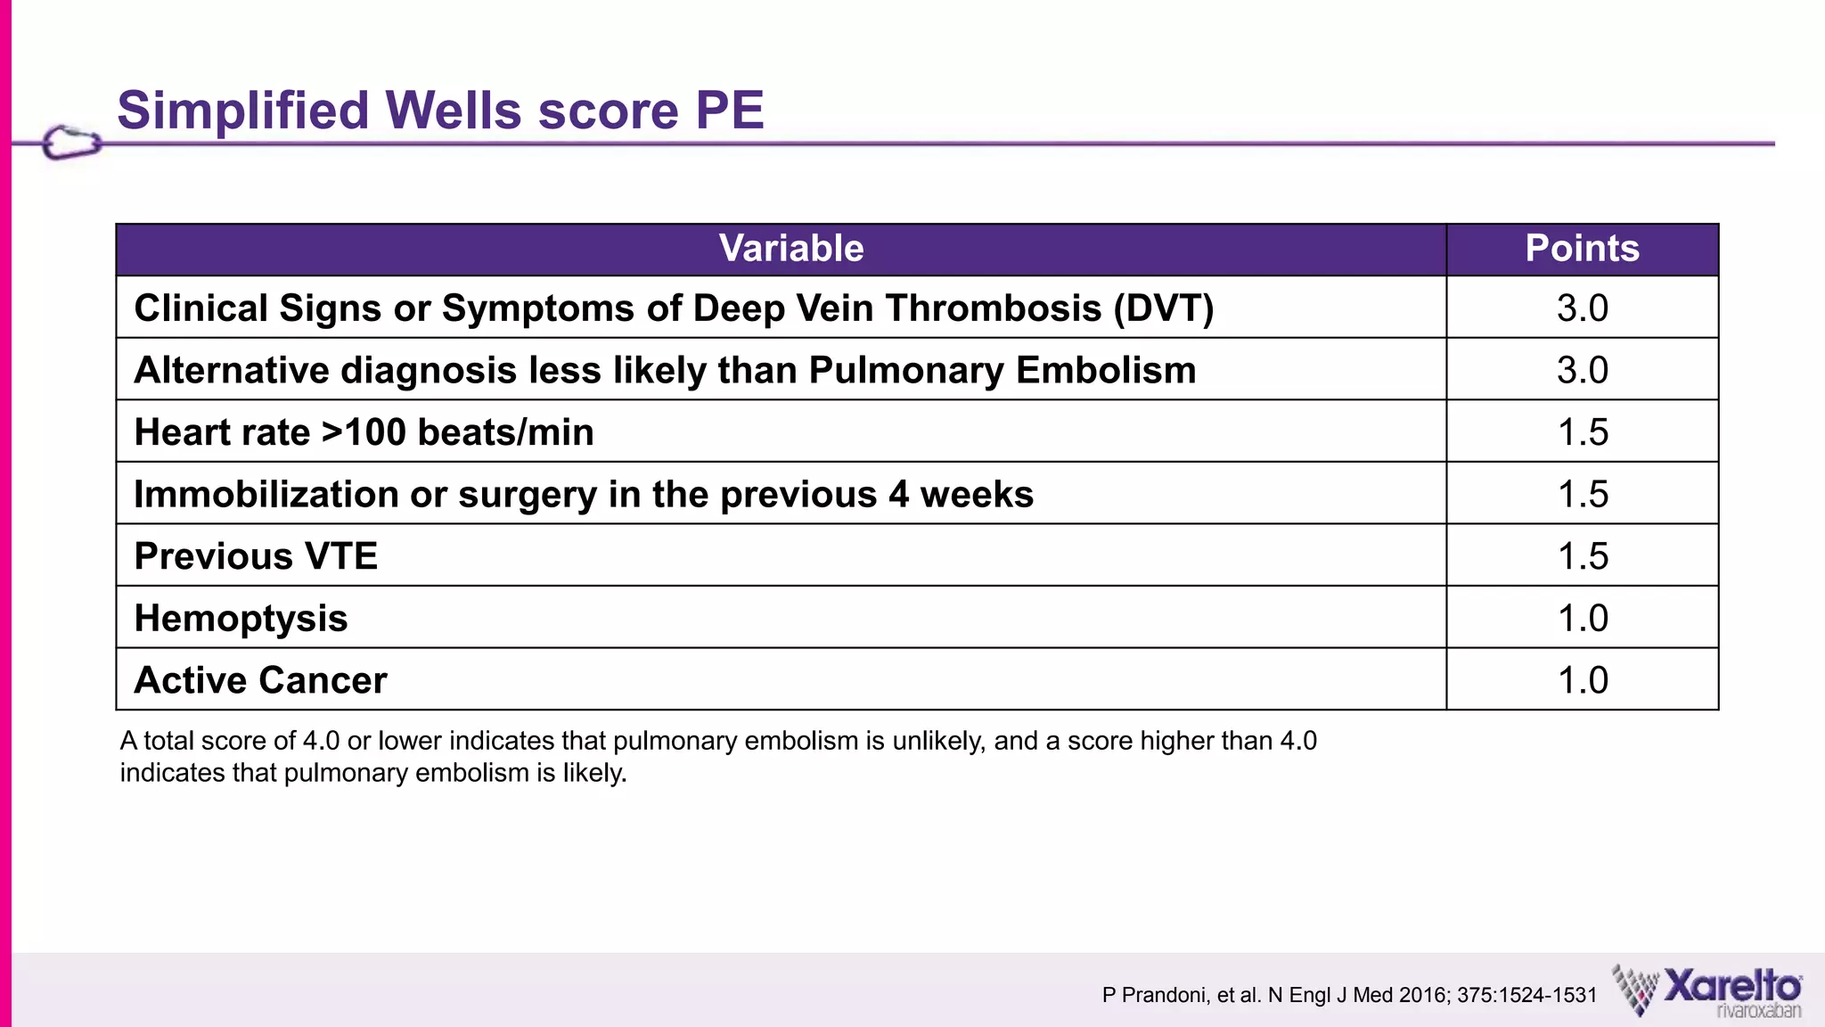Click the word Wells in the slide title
click(x=453, y=111)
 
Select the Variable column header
click(x=790, y=249)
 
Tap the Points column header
click(x=1582, y=249)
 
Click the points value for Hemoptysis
click(x=1582, y=618)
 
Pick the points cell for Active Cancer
click(x=1582, y=680)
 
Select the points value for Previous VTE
click(x=1582, y=556)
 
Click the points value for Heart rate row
click(x=1582, y=432)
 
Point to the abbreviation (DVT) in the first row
click(x=1163, y=308)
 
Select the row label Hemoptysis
click(x=241, y=619)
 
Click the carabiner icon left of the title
click(x=71, y=143)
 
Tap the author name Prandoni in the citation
click(x=1162, y=996)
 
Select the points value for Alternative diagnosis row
click(x=1582, y=370)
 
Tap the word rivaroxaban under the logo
click(x=1757, y=1011)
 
